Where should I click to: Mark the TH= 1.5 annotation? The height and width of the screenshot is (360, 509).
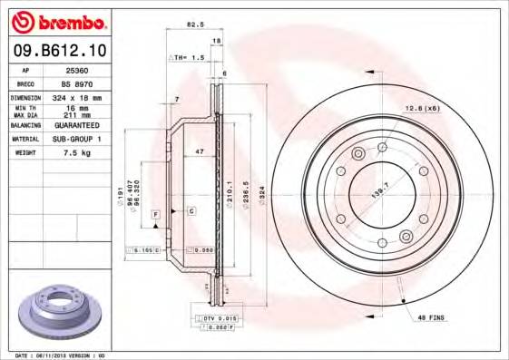pyautogui.click(x=188, y=57)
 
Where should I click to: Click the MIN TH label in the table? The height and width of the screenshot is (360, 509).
pyautogui.click(x=26, y=107)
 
